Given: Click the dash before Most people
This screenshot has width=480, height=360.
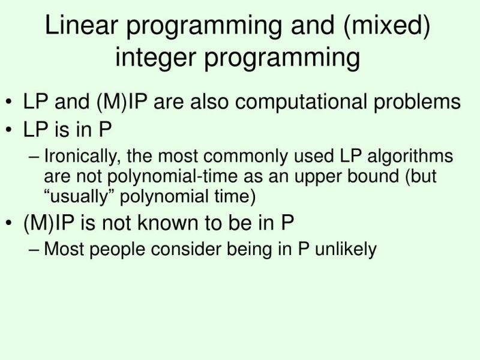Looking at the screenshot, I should (x=35, y=248).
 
